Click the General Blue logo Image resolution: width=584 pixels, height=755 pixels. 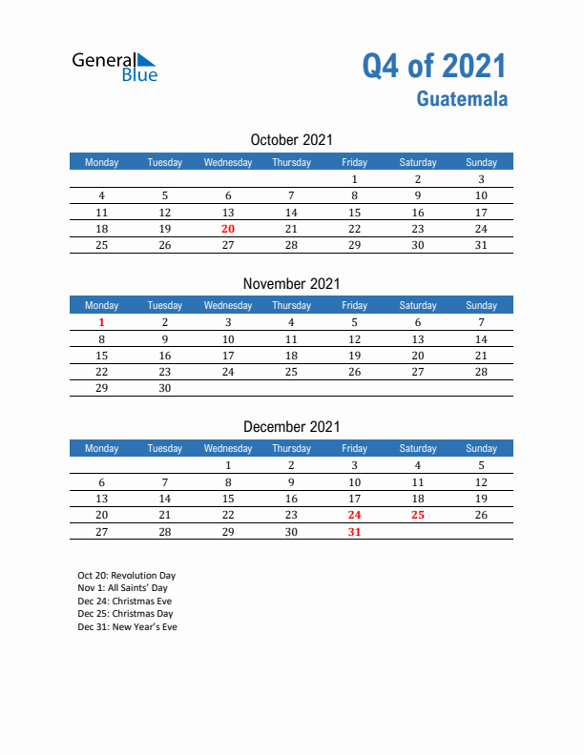pyautogui.click(x=115, y=66)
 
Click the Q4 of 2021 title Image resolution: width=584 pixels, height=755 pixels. pyautogui.click(x=434, y=66)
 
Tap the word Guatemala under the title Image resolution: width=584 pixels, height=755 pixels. pyautogui.click(x=462, y=98)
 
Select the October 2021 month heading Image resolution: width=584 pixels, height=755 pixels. pyautogui.click(x=291, y=140)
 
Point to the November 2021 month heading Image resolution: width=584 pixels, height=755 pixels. pyautogui.click(x=291, y=283)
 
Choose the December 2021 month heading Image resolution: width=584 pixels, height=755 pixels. pyautogui.click(x=291, y=427)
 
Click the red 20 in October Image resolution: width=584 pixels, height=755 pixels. pyautogui.click(x=227, y=229)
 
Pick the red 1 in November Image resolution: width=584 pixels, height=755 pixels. pyautogui.click(x=102, y=323)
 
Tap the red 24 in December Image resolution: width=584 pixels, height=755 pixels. pyautogui.click(x=354, y=515)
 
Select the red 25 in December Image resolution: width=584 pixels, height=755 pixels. pyautogui.click(x=417, y=515)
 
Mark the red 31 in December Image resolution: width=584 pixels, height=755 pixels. pyautogui.click(x=354, y=532)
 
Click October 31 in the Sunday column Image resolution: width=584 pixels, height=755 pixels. pyautogui.click(x=481, y=245)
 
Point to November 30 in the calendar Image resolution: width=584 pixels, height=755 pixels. pyautogui.click(x=165, y=388)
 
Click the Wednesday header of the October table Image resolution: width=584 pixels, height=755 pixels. pyautogui.click(x=228, y=162)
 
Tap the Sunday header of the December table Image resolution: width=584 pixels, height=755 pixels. pyautogui.click(x=481, y=448)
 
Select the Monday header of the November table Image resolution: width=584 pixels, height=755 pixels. pyautogui.click(x=102, y=305)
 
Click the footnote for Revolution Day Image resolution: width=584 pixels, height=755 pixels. pyautogui.click(x=127, y=576)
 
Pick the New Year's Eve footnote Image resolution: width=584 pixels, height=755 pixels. pyautogui.click(x=128, y=627)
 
